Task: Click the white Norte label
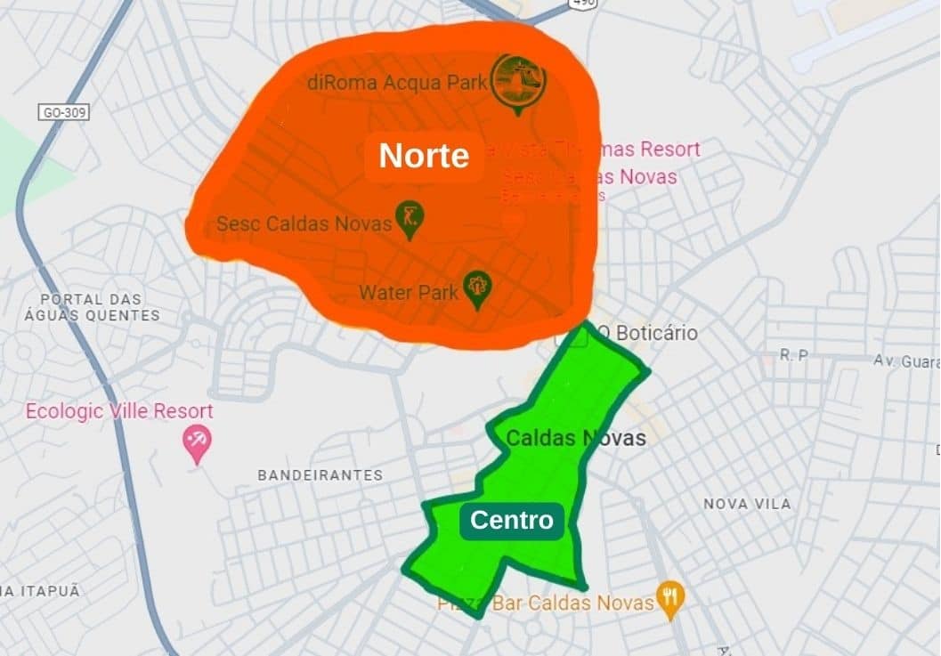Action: pyautogui.click(x=424, y=156)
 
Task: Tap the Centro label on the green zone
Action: pyautogui.click(x=512, y=520)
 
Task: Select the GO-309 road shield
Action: pyautogui.click(x=65, y=112)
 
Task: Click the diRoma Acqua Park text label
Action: pyautogui.click(x=397, y=83)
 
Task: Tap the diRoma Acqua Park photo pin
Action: pyautogui.click(x=518, y=83)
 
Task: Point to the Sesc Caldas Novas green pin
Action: pyautogui.click(x=410, y=219)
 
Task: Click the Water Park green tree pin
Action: pyautogui.click(x=478, y=288)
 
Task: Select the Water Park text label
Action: pyautogui.click(x=409, y=292)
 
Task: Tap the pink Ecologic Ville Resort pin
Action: pyautogui.click(x=197, y=442)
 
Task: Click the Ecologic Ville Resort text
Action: pyautogui.click(x=119, y=411)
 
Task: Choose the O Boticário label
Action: pyautogui.click(x=646, y=333)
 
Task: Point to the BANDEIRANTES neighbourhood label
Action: pyautogui.click(x=320, y=475)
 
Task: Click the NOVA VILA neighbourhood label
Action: pyautogui.click(x=747, y=504)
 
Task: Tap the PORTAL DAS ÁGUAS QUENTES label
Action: pyautogui.click(x=92, y=307)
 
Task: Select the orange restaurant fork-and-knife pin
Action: pyautogui.click(x=669, y=599)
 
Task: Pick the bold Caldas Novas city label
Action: pyautogui.click(x=575, y=437)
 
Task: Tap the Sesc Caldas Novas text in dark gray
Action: pyautogui.click(x=304, y=223)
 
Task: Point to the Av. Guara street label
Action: pyautogui.click(x=905, y=361)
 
